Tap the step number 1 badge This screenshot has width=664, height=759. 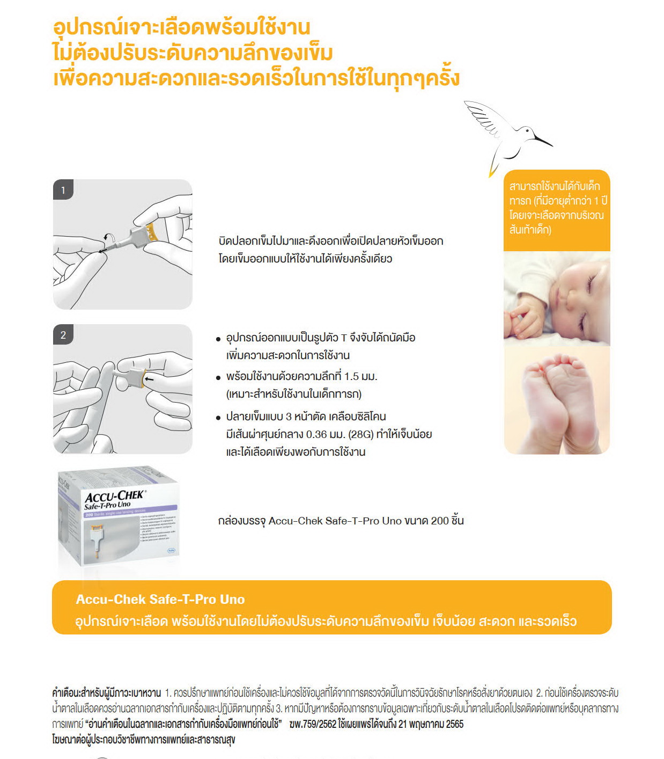click(x=63, y=190)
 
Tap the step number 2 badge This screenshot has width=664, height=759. click(x=63, y=335)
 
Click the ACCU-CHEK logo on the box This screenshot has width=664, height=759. click(x=115, y=496)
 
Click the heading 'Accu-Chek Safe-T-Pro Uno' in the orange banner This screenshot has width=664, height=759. click(x=160, y=599)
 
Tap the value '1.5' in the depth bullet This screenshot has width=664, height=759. click(x=351, y=376)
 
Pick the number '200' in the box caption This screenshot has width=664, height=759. click(x=439, y=521)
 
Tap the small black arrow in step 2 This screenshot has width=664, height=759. click(x=150, y=380)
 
